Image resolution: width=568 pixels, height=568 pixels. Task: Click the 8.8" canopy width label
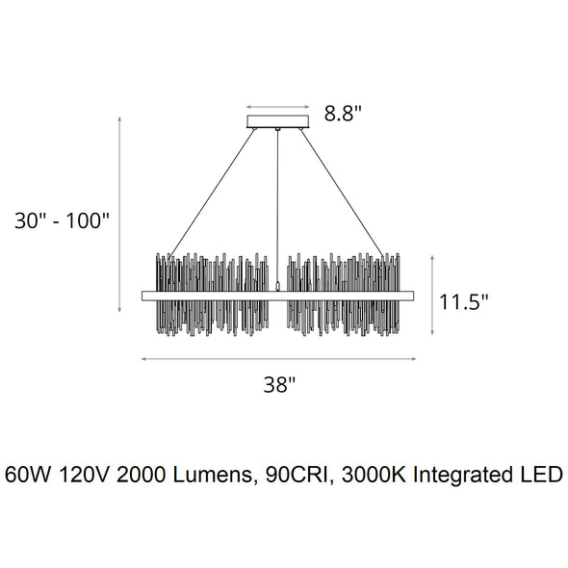(343, 113)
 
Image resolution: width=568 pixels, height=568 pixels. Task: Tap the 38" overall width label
(279, 384)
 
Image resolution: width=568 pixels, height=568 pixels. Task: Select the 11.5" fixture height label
(464, 301)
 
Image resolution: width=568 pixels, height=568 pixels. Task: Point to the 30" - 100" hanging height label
(62, 220)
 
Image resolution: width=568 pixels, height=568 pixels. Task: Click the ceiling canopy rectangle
(278, 121)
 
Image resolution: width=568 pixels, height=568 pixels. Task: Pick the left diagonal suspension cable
(212, 194)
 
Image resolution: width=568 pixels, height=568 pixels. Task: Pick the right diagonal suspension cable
(342, 194)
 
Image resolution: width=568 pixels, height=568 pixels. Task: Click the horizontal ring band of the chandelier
(278, 296)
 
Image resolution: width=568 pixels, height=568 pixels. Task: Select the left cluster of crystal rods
(212, 295)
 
